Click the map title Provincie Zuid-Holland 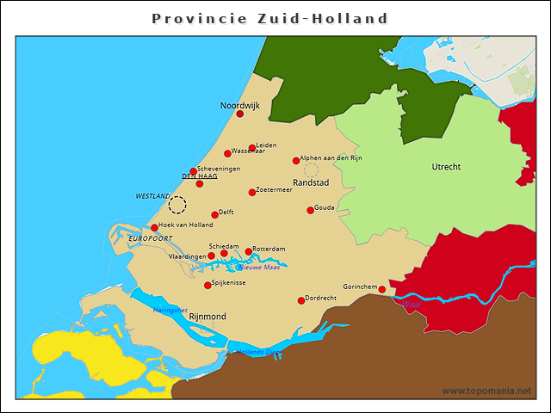269,18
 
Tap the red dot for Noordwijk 240,114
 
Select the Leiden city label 266,145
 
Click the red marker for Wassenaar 227,154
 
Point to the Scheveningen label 219,169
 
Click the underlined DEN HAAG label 199,176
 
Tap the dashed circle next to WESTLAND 177,205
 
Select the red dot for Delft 215,215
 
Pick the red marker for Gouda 311,210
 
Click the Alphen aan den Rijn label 331,158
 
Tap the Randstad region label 311,183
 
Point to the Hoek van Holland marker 155,228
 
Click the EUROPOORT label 151,237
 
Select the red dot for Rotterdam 249,252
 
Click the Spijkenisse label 229,282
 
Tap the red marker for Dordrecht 301,300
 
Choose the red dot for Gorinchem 382,289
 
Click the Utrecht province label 446,166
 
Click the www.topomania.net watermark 486,391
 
